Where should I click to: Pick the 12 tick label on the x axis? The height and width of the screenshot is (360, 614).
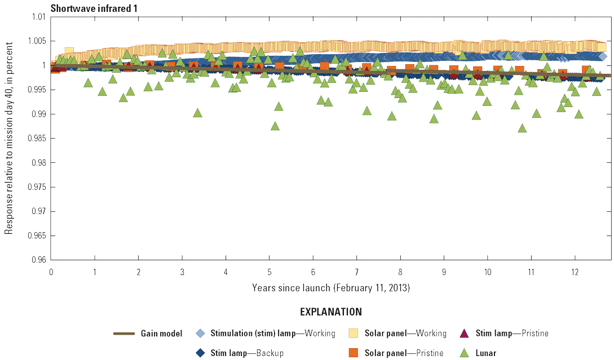(575, 272)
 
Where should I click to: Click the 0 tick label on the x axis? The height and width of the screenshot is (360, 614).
(51, 272)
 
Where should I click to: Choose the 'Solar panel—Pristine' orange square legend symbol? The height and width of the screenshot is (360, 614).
(354, 353)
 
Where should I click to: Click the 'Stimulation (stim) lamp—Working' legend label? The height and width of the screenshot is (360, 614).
(272, 334)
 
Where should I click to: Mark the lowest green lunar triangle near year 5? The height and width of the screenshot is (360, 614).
(275, 126)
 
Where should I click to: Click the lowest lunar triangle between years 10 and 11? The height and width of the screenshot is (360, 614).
(522, 128)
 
